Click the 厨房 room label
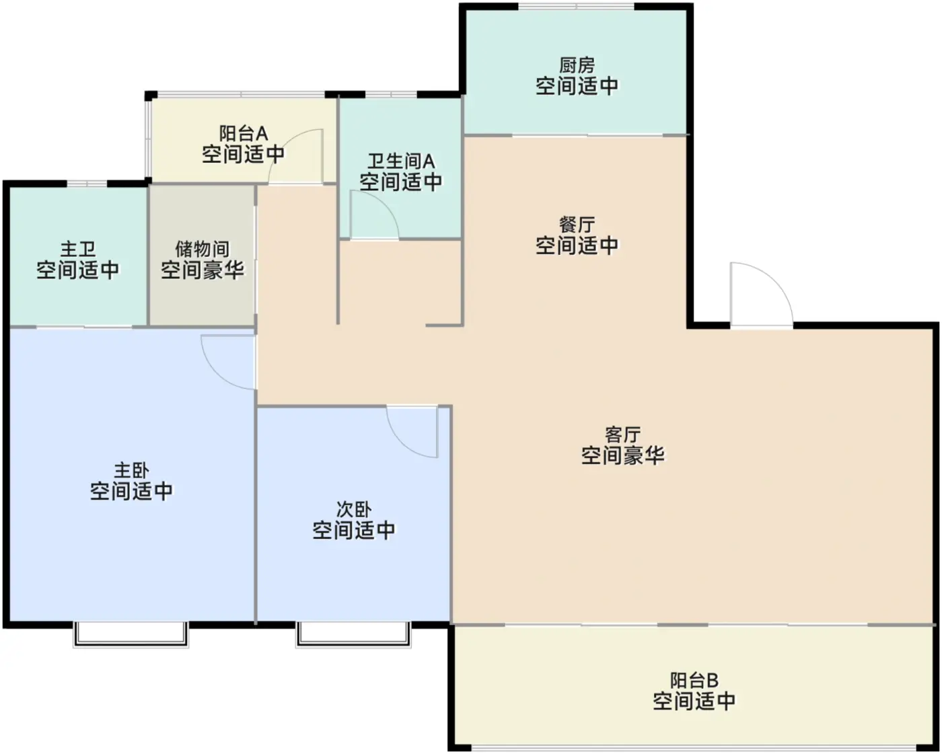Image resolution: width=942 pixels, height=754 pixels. coord(577,66)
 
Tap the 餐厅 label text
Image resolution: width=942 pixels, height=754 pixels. coord(577,225)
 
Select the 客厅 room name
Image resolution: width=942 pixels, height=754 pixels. coord(623,435)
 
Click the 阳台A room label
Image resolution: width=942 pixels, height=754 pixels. coord(244,133)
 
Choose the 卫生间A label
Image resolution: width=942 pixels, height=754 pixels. coord(401,161)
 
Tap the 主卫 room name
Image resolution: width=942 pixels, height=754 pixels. coord(78,250)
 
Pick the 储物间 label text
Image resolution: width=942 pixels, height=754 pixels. coord(203,250)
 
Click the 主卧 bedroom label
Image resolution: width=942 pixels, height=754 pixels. coord(132,471)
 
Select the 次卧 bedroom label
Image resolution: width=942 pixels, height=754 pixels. coord(354,509)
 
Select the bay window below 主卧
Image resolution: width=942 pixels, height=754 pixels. coord(131,634)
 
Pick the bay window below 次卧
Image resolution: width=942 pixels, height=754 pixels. coord(353,634)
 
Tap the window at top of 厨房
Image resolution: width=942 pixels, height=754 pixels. coord(576,6)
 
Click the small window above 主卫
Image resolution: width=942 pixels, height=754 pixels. coord(87,184)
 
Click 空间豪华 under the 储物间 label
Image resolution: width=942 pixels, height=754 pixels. coord(203,270)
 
